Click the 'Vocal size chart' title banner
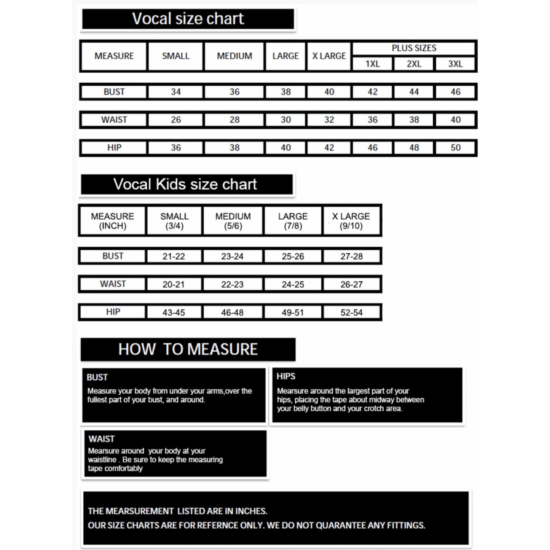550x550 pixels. tap(188, 19)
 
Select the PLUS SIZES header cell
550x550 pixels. tap(414, 48)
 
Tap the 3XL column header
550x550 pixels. tap(455, 64)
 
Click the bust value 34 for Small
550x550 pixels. tap(175, 92)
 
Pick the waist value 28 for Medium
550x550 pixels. tap(234, 120)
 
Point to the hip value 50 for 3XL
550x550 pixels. tap(455, 148)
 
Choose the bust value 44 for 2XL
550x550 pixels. tap(414, 92)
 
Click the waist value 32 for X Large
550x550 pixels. tap(329, 120)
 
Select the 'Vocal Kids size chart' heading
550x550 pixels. tap(185, 185)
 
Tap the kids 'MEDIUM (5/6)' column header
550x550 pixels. tap(233, 221)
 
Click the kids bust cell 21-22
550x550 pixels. tap(174, 257)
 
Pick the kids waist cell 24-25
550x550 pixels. tap(293, 284)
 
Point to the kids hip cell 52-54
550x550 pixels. tap(351, 312)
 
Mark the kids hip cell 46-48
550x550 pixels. tap(232, 312)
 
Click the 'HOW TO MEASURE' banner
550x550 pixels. tap(188, 349)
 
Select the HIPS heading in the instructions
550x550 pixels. tap(286, 376)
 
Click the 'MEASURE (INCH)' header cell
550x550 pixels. tap(112, 221)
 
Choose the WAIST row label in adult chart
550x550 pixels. tap(114, 120)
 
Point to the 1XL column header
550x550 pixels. tap(372, 64)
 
